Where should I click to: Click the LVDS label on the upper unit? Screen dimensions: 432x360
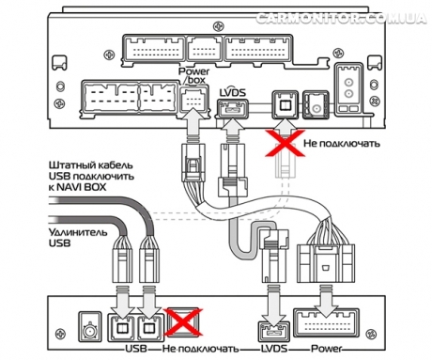[233, 92]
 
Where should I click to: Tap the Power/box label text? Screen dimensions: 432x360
[193, 75]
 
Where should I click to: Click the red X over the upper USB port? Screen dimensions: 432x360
[285, 143]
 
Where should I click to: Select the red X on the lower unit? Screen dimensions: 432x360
[184, 321]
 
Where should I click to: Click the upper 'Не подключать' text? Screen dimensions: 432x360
[342, 144]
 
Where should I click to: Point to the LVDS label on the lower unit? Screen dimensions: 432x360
[274, 349]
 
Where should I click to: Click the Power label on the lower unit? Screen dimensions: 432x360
[327, 349]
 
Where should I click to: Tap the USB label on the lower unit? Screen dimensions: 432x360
[136, 349]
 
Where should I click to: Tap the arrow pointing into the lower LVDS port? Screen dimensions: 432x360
[274, 306]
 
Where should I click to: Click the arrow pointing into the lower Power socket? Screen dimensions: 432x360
[326, 301]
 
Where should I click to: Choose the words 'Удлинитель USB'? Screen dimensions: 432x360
[78, 238]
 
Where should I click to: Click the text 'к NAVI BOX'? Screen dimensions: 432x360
[78, 187]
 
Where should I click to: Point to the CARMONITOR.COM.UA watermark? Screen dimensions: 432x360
[341, 18]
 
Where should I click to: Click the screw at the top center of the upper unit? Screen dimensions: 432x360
[217, 26]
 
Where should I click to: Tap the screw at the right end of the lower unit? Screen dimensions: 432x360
[371, 334]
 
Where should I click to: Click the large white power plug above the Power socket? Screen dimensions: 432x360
[326, 263]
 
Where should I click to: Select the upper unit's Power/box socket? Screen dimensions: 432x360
[193, 100]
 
